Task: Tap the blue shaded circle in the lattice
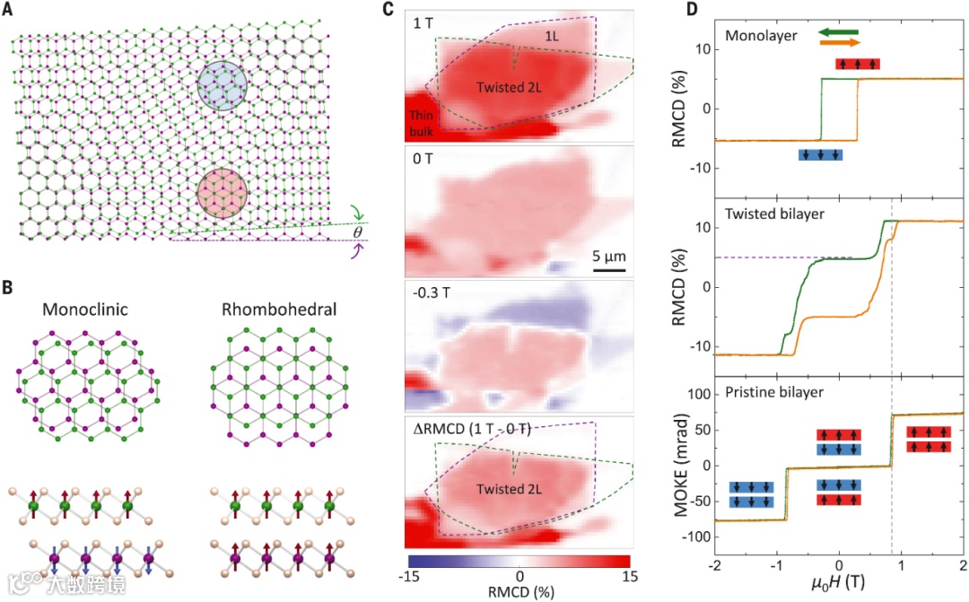click(x=223, y=86)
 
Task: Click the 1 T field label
click(x=423, y=22)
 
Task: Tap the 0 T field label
click(x=423, y=161)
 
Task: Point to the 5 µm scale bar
click(x=607, y=266)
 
